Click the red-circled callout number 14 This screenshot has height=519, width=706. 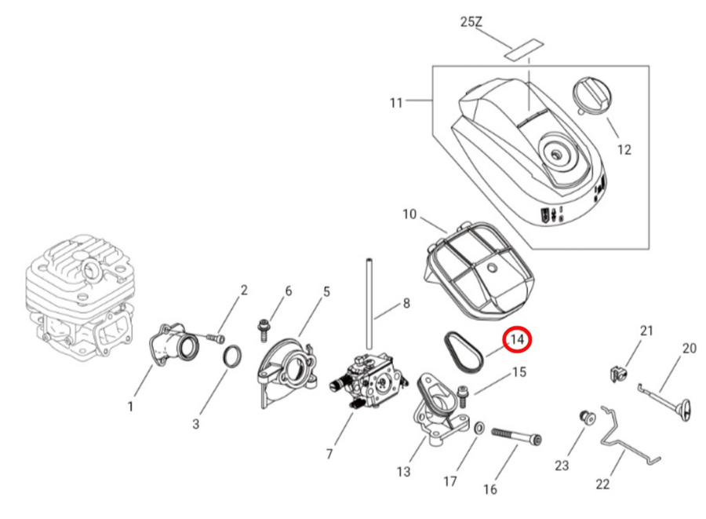point(517,339)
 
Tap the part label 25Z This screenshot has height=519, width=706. point(471,23)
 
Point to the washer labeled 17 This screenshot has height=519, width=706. point(478,429)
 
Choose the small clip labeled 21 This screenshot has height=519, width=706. point(617,370)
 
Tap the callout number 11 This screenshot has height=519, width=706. point(396,102)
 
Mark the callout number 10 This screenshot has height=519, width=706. point(409,214)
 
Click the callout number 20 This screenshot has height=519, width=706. point(689,349)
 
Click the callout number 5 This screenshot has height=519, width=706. point(326,292)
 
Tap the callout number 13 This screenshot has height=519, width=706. point(403,471)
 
